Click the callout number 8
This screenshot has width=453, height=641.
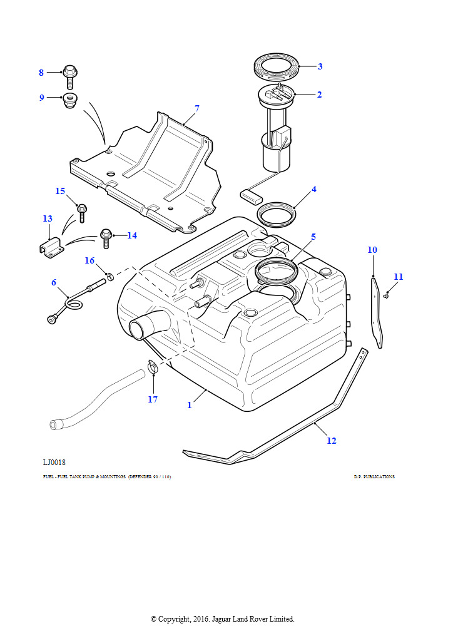coord(41,73)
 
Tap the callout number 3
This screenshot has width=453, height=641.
coord(320,66)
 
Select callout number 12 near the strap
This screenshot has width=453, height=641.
coord(332,441)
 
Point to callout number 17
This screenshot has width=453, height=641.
coord(153,399)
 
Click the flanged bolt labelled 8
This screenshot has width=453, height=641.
coord(69,76)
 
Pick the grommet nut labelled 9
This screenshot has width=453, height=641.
coord(69,100)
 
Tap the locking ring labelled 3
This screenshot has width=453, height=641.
coord(276,64)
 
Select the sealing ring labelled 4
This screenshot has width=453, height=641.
coord(275,214)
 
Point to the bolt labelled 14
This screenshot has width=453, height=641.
coord(106,237)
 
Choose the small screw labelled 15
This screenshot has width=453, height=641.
coord(81,211)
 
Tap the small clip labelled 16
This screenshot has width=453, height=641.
coord(109,275)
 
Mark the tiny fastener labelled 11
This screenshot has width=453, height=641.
coord(387,295)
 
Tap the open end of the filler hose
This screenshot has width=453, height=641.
coord(54,425)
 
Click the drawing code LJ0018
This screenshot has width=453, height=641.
coord(55,463)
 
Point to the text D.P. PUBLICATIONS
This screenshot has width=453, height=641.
coord(374,477)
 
